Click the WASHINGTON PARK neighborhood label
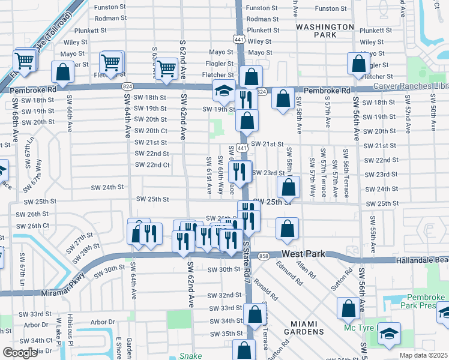pyautogui.click(x=325, y=31)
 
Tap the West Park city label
pyautogui.click(x=303, y=254)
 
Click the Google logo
pyautogui.click(x=20, y=353)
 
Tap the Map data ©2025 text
pyautogui.click(x=423, y=355)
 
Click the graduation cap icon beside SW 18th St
pyautogui.click(x=224, y=92)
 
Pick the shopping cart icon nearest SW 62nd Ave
pyautogui.click(x=166, y=68)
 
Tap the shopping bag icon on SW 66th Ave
pyautogui.click(x=62, y=73)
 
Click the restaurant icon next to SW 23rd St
pyautogui.click(x=240, y=172)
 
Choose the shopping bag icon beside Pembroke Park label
pyautogui.click(x=348, y=308)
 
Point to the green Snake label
pyautogui.click(x=191, y=355)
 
